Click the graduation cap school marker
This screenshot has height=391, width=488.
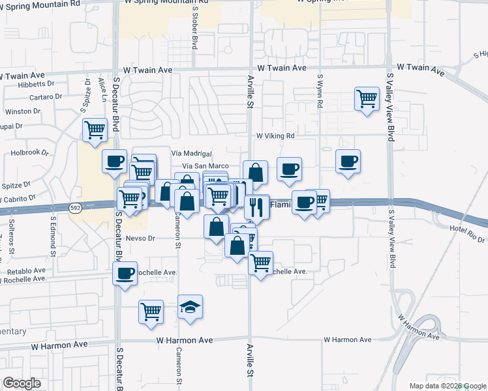pos(191,307)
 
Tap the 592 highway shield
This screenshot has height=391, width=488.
pos(75,207)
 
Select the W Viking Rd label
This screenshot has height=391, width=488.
pos(275,136)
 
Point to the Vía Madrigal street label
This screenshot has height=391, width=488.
pos(191,153)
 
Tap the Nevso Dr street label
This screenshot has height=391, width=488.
pos(140,239)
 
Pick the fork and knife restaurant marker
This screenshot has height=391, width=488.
pos(257,207)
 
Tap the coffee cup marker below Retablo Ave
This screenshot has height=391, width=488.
pos(125,274)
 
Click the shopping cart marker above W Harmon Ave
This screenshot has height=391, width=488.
pos(151,312)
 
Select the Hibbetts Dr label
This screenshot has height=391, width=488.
pos(37,84)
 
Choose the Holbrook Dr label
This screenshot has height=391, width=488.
pos(30,152)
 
